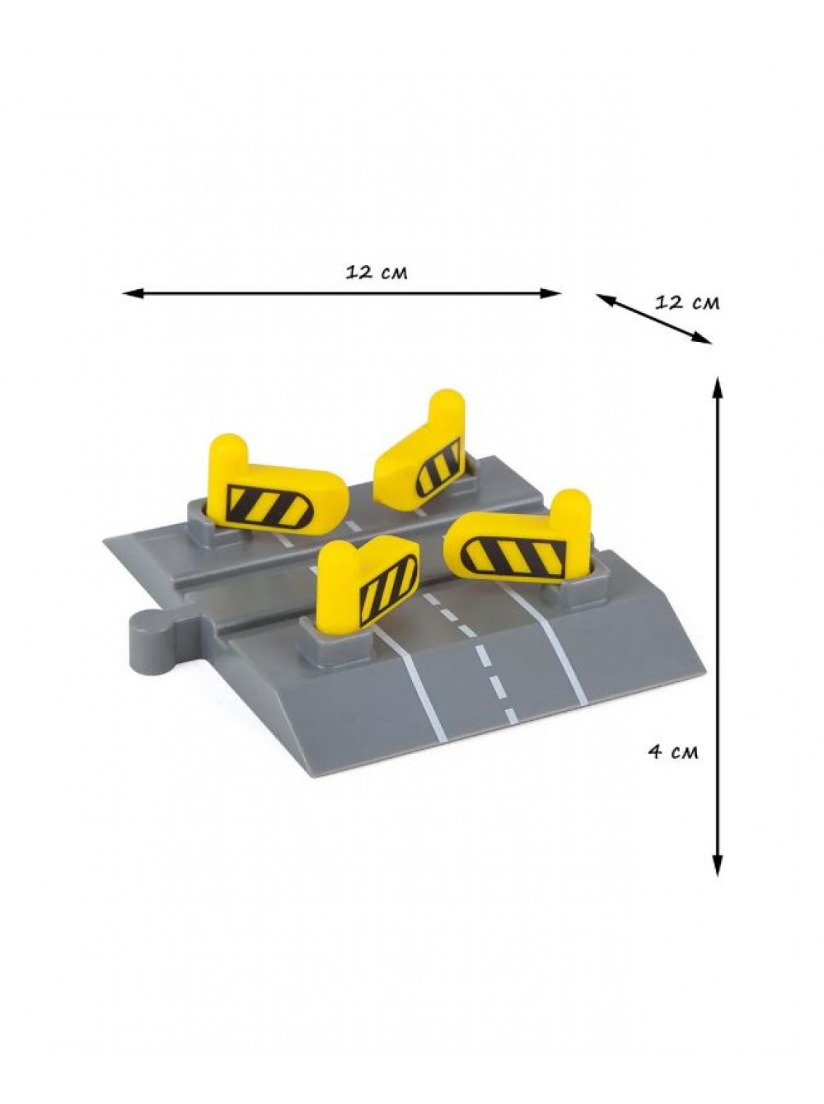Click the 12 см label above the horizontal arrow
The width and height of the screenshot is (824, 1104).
[377, 273]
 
